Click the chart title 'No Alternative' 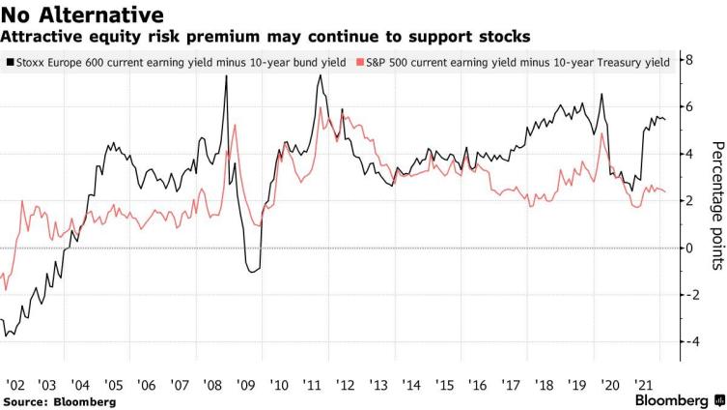point(81,15)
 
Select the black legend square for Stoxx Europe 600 point(10,61)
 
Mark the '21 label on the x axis point(639,382)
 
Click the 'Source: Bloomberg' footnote point(60,400)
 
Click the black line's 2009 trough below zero point(253,272)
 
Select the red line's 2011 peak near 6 point(320,108)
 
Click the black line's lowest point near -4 point(8,336)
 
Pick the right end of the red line point(665,191)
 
